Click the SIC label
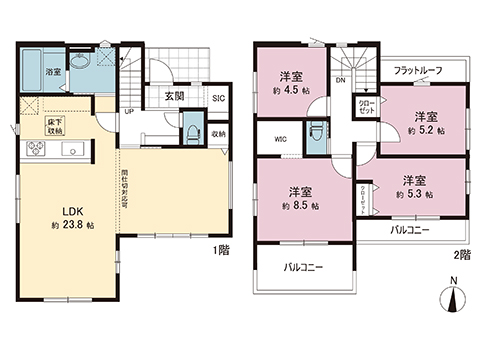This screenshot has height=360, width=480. (217, 98)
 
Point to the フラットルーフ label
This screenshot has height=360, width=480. (419, 70)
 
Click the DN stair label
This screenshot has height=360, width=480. (341, 80)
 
